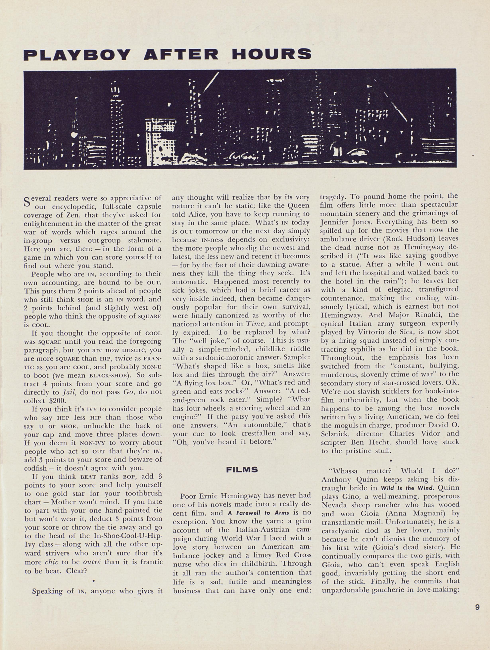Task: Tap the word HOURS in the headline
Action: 271,55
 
